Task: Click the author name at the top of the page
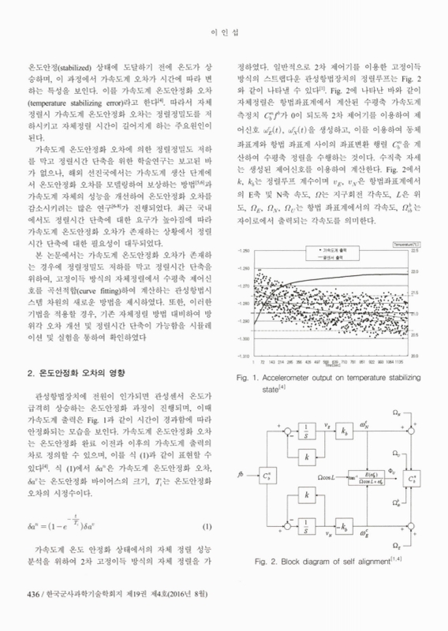(x=223, y=32)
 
